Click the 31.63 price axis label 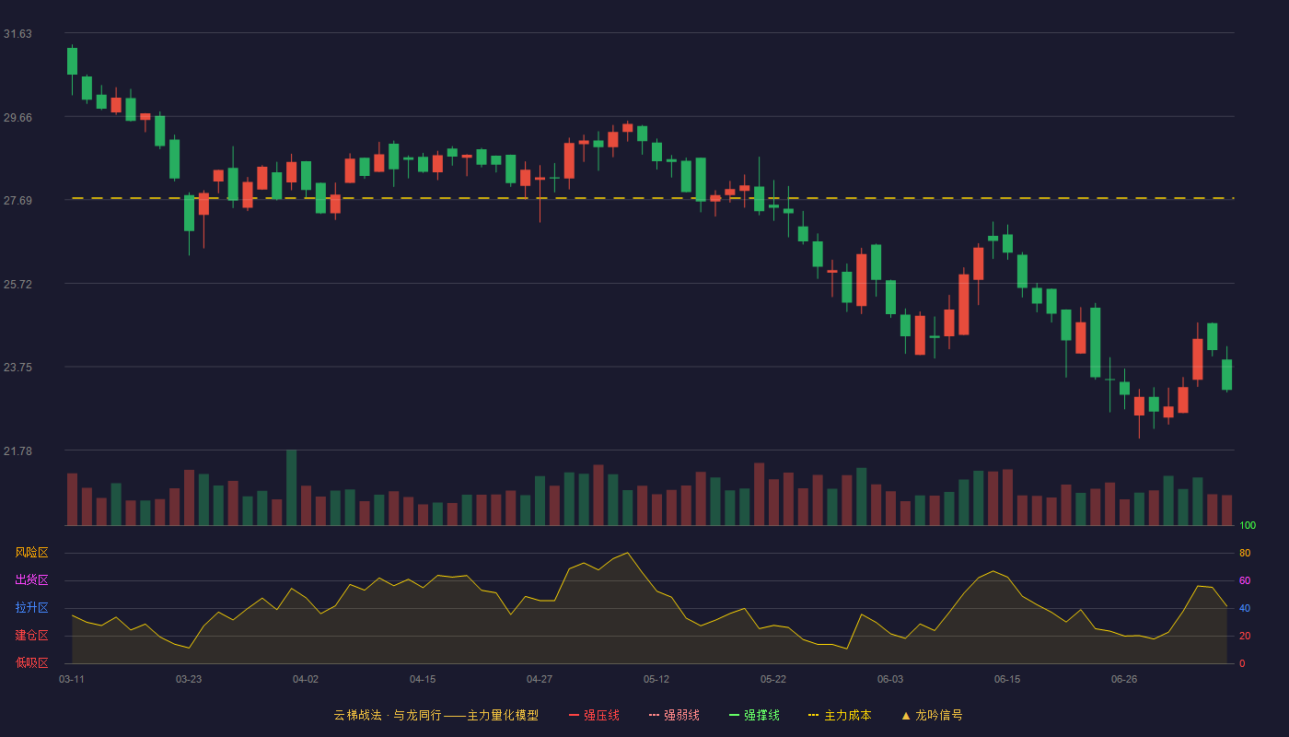(x=17, y=34)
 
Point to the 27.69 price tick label (x=17, y=201)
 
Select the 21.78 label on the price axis (x=17, y=450)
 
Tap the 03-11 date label (x=72, y=680)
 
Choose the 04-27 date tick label (x=540, y=680)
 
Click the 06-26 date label (x=1124, y=680)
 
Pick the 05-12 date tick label (x=656, y=680)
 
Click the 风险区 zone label (x=31, y=553)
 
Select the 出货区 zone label (x=31, y=579)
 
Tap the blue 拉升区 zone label (x=31, y=607)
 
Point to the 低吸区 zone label (x=31, y=662)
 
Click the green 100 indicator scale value (x=1248, y=525)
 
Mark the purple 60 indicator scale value (x=1245, y=580)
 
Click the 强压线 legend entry (x=594, y=715)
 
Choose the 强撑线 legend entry (x=754, y=715)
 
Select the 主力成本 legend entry (x=840, y=715)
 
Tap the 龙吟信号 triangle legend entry (x=932, y=715)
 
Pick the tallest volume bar (x=292, y=487)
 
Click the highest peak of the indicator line (x=627, y=553)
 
